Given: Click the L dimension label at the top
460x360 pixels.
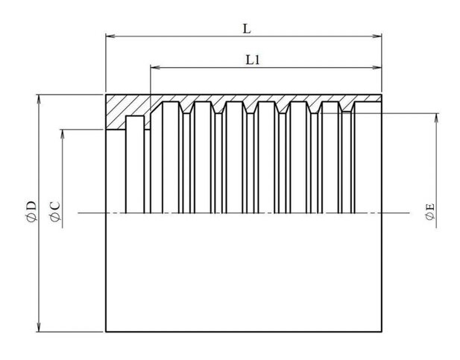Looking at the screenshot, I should (x=246, y=28).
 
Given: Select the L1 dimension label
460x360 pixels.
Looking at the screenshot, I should (x=253, y=60).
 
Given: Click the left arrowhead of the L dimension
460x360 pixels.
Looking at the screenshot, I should (x=109, y=35).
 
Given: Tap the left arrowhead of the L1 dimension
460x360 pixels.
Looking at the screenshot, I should (x=154, y=67).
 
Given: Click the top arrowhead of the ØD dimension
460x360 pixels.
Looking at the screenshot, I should (x=39, y=98).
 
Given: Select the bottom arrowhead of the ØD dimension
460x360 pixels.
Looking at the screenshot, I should (x=39, y=328).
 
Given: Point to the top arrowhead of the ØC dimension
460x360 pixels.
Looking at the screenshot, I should (x=63, y=133).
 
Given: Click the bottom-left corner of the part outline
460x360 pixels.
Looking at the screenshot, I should (x=106, y=332).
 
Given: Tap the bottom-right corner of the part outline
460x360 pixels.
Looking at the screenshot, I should (x=383, y=332).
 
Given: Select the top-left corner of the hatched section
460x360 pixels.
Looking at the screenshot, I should (x=106, y=95).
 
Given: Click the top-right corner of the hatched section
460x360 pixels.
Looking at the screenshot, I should (x=383, y=95).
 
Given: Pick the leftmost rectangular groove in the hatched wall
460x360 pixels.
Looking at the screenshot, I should (x=135, y=123).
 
